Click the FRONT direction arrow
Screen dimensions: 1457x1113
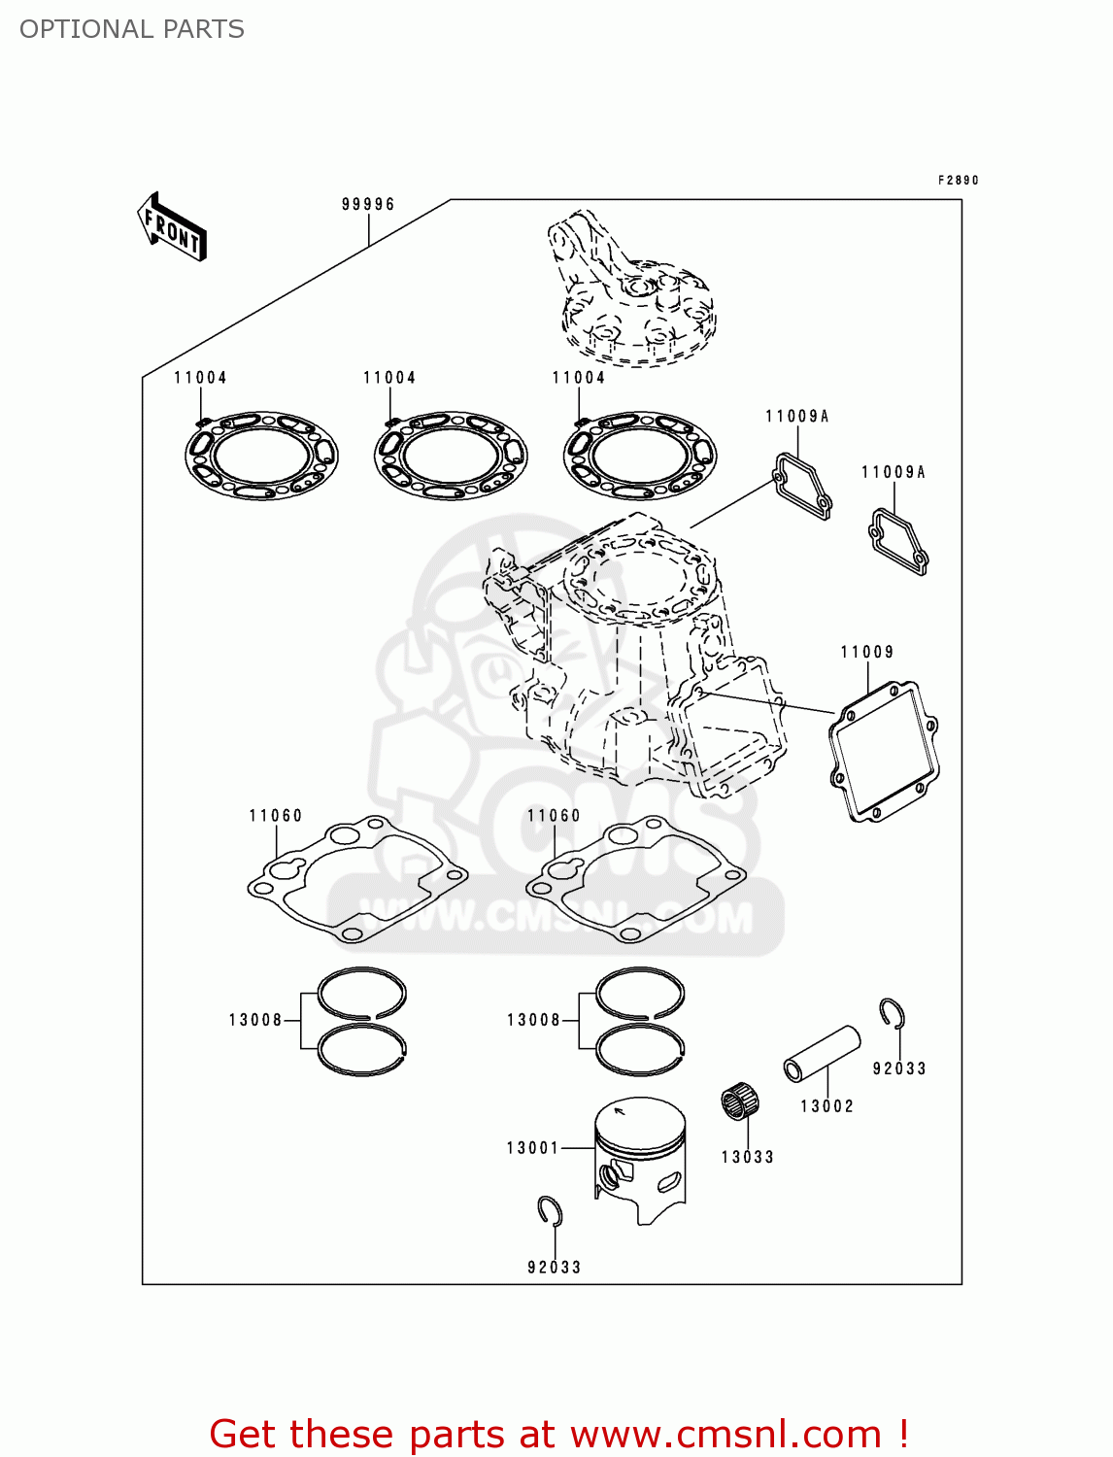(x=173, y=227)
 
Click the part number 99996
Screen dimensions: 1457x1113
(x=368, y=204)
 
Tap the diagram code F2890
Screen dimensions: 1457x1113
(x=958, y=181)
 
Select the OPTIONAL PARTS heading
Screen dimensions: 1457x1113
(x=132, y=29)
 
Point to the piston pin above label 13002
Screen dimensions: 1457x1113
(x=822, y=1053)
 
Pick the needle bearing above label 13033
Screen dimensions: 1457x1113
(x=739, y=1103)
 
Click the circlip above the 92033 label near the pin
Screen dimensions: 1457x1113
(x=893, y=1013)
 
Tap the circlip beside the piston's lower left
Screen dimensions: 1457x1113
(x=551, y=1211)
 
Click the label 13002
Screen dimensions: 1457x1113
(x=826, y=1106)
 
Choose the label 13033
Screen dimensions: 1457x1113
(x=747, y=1157)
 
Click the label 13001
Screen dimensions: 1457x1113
(x=533, y=1148)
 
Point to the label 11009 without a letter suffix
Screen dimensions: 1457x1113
(x=866, y=652)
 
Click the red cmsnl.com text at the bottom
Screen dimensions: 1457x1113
(x=558, y=1434)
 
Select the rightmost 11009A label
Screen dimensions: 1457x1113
(x=893, y=472)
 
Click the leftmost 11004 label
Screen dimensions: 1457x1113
(x=200, y=378)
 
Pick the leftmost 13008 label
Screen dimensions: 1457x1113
(x=255, y=1020)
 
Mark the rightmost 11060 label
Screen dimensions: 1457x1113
(x=554, y=816)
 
